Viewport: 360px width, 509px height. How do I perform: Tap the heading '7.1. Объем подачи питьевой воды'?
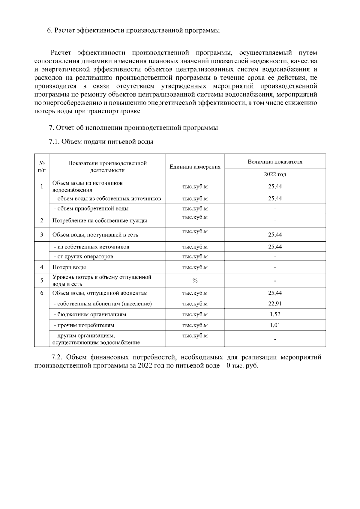pyautogui.click(x=101, y=142)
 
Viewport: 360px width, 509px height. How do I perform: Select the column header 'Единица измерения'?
pyautogui.click(x=195, y=167)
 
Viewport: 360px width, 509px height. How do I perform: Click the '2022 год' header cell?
pyautogui.click(x=275, y=174)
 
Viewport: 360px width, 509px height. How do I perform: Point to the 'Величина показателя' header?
pyautogui.click(x=275, y=162)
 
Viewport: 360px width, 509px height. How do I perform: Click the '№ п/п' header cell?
pyautogui.click(x=42, y=167)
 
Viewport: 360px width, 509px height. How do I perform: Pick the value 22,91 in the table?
pyautogui.click(x=275, y=304)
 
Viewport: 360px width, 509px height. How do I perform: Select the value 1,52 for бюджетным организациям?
pyautogui.click(x=275, y=314)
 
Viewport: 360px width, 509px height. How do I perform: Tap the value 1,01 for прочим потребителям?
pyautogui.click(x=275, y=325)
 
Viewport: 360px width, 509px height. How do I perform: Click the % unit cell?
pyautogui.click(x=195, y=281)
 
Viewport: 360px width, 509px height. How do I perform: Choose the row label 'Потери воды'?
pyautogui.click(x=69, y=267)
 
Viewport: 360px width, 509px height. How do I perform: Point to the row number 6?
pyautogui.click(x=42, y=293)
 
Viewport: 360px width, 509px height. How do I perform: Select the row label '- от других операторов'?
pyautogui.click(x=83, y=257)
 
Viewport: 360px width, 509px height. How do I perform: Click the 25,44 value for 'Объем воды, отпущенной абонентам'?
pyautogui.click(x=275, y=293)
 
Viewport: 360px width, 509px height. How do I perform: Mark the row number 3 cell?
pyautogui.click(x=42, y=234)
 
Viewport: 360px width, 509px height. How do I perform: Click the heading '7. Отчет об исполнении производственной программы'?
pyautogui.click(x=133, y=128)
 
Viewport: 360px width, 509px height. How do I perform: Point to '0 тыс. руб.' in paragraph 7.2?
pyautogui.click(x=242, y=366)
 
